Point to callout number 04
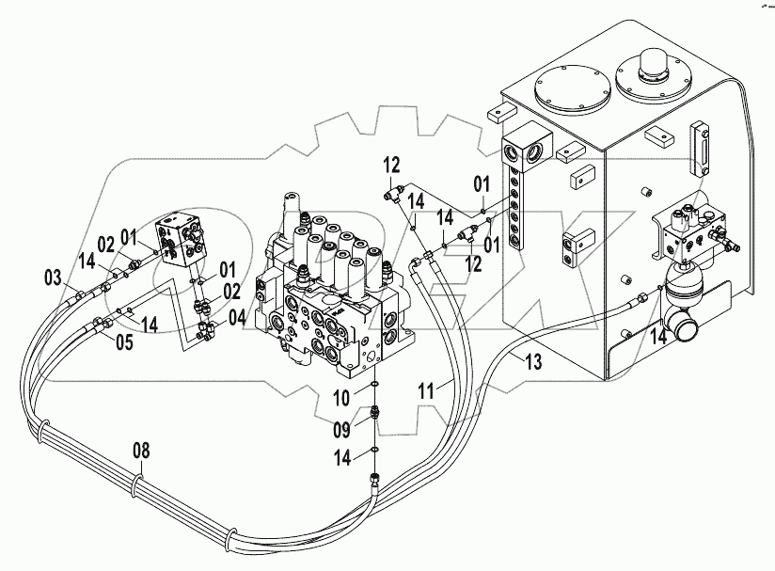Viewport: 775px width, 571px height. pos(238,317)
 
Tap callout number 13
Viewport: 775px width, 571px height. pos(533,363)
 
